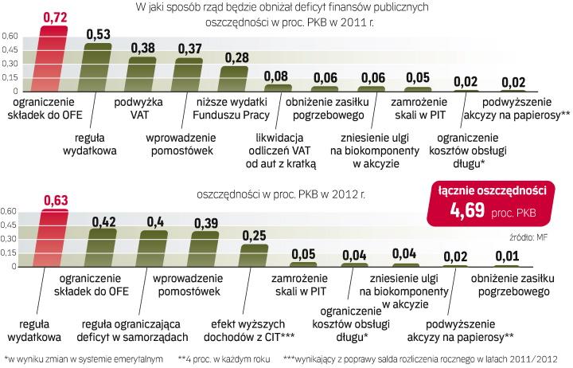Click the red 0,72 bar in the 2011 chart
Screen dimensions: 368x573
coord(50,60)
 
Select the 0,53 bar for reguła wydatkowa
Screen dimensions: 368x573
coord(98,67)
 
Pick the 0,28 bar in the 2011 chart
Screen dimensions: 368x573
coord(235,78)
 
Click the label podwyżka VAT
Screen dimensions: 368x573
coord(143,109)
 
